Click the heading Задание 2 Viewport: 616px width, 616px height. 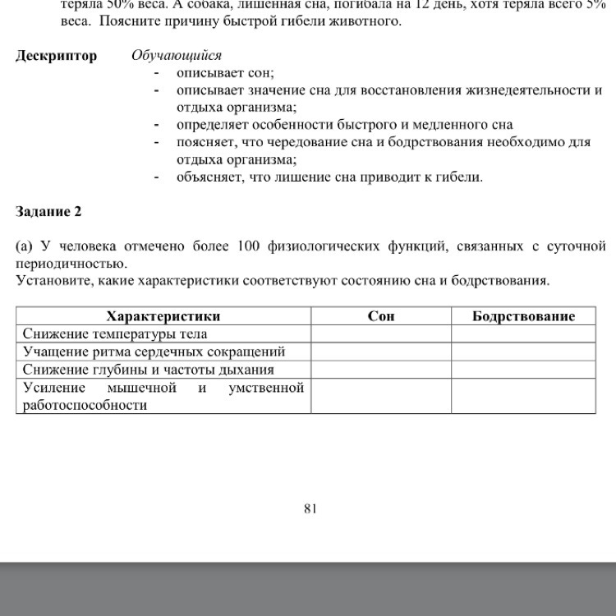(49, 211)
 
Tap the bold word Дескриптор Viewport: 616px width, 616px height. (57, 56)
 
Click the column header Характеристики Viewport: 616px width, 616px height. (163, 316)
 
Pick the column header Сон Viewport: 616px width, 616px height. (381, 316)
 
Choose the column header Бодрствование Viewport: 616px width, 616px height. (523, 316)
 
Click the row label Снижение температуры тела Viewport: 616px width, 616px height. (115, 334)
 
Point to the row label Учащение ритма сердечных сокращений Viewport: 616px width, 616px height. (154, 352)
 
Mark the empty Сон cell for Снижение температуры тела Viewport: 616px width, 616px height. (381, 334)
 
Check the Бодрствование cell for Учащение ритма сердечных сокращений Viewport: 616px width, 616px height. (523, 352)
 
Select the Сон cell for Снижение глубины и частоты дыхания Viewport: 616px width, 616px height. (381, 370)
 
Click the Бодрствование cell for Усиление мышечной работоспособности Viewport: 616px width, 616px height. (523, 396)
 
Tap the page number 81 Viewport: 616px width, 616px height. (310, 508)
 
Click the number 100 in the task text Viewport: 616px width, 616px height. (247, 246)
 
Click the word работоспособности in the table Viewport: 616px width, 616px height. (85, 405)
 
